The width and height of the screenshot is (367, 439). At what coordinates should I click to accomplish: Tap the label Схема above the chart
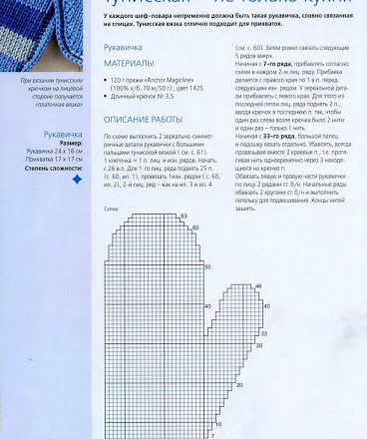112,236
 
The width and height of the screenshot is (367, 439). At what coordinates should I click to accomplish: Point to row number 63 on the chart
211,242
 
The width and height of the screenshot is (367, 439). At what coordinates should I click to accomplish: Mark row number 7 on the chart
211,436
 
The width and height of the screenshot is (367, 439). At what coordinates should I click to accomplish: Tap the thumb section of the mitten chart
239,344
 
